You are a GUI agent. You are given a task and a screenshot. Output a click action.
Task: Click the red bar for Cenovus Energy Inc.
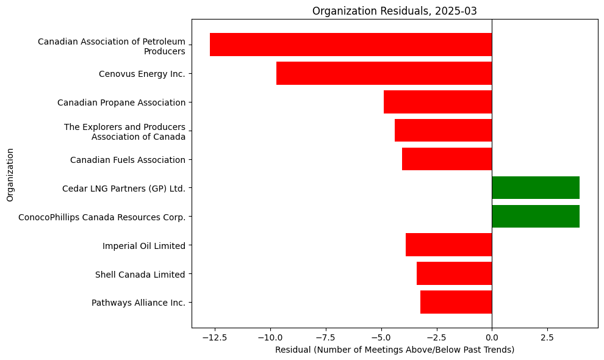[x=384, y=73]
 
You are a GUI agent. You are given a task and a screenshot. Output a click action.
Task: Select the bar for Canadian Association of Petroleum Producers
[x=351, y=45]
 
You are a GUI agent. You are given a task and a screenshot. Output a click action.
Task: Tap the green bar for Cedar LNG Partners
[x=535, y=188]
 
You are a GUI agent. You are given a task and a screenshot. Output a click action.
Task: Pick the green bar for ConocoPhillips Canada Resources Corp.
[x=535, y=217]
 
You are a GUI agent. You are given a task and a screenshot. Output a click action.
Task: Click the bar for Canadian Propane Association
[x=437, y=102]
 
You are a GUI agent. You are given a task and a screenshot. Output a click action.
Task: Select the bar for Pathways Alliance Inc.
[x=456, y=302]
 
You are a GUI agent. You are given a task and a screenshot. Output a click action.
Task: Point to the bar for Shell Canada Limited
[x=454, y=273]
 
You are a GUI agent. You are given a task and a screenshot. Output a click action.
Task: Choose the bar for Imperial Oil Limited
[x=448, y=245]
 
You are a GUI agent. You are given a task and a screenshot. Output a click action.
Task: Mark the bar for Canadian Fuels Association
[x=447, y=159]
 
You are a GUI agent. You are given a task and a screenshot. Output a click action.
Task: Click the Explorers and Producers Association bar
[x=443, y=131]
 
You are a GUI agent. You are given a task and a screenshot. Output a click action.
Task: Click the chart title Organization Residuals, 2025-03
[x=394, y=10]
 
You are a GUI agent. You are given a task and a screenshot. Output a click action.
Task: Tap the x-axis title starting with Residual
[x=394, y=350]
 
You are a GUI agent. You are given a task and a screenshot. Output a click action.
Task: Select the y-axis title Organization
[x=10, y=173]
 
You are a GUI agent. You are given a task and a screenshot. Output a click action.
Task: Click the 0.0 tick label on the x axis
[x=492, y=337]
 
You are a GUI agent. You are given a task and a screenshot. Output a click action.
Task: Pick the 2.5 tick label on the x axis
[x=547, y=337]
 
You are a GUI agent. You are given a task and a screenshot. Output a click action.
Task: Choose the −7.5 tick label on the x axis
[x=325, y=337]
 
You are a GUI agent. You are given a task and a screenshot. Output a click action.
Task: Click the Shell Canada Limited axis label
[x=140, y=274]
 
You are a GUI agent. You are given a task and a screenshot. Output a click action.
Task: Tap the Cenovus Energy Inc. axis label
[x=142, y=74]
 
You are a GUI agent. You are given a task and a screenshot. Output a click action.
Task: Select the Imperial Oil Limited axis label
[x=143, y=245]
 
